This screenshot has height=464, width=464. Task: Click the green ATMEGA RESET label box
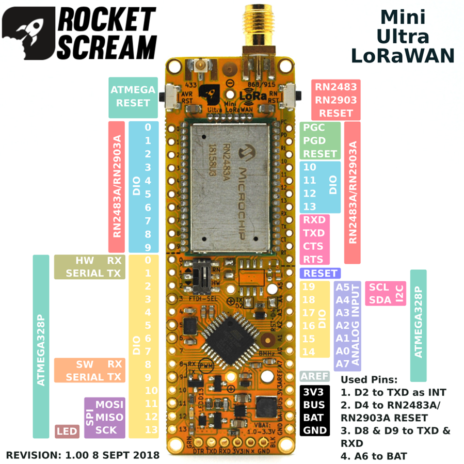point(133,97)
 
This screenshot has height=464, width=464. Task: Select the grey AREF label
point(311,376)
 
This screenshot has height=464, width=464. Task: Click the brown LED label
point(67,431)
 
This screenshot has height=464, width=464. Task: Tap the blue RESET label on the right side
point(320,273)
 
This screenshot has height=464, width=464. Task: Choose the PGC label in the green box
point(314,127)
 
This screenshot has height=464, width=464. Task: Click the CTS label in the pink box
point(313,246)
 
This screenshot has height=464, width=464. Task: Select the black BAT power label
point(314,417)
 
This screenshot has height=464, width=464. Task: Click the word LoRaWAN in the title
point(403,55)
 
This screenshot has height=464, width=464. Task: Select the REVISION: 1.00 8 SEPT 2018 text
point(83,455)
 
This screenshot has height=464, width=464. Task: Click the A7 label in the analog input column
point(342,363)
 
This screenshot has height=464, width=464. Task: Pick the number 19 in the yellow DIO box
point(309,287)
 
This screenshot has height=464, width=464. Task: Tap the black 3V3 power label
point(314,391)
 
